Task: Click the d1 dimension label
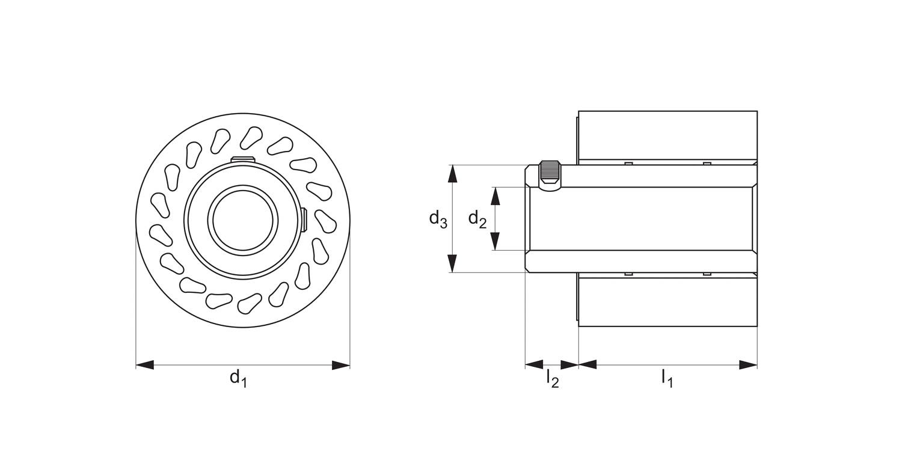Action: [x=238, y=378]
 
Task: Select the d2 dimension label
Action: [x=477, y=219]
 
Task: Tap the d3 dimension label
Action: [x=437, y=219]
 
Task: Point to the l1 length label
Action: [x=667, y=378]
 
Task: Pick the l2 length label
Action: [x=552, y=378]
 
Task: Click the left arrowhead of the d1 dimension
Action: [x=145, y=365]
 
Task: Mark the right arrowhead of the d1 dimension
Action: [x=341, y=365]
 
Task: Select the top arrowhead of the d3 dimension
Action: [x=453, y=174]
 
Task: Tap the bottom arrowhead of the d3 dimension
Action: [x=453, y=263]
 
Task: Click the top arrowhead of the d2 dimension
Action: [x=495, y=196]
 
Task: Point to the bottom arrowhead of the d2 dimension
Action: [x=495, y=241]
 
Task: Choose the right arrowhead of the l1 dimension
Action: [x=748, y=364]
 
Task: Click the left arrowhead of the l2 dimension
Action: [x=534, y=364]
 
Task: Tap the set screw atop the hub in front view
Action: [x=243, y=159]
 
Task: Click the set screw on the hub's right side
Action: [x=304, y=219]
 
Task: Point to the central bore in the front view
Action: [x=243, y=219]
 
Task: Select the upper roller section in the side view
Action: [x=667, y=135]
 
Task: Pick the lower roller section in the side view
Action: [x=667, y=302]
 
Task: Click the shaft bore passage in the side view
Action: [x=640, y=219]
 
